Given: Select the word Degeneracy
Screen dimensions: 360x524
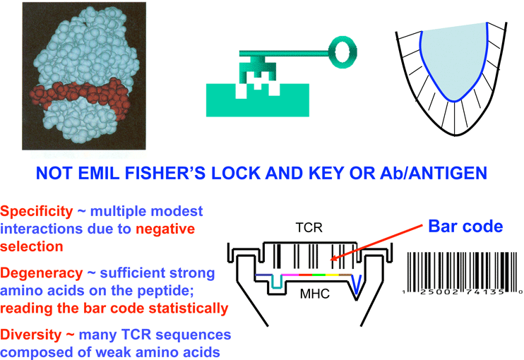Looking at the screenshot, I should point(38,272).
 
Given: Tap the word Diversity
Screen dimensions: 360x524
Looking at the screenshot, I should point(29,334).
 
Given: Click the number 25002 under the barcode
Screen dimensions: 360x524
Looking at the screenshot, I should point(430,291).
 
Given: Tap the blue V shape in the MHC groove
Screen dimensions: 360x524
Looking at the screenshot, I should point(359,283).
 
